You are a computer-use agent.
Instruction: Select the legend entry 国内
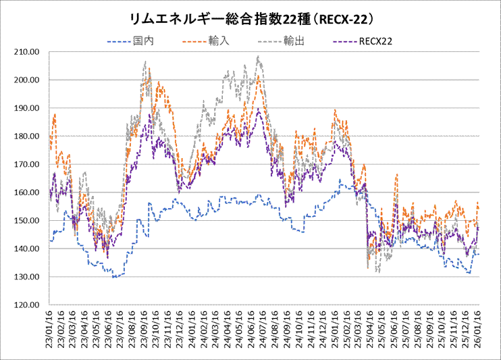click(x=144, y=41)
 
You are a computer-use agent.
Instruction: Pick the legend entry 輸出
click(x=294, y=41)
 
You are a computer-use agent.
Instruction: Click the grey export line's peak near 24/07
click(x=258, y=57)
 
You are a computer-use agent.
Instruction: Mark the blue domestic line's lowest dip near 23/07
click(x=115, y=277)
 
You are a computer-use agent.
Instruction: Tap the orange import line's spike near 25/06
click(x=396, y=174)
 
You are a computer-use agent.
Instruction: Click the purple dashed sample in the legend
click(x=346, y=41)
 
